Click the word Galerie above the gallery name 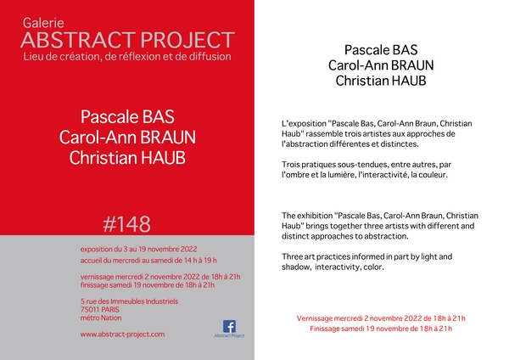coord(43,24)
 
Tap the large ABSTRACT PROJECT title coord(127,40)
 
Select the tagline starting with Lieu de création coord(127,57)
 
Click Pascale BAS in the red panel coord(127,117)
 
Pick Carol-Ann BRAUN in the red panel coord(127,138)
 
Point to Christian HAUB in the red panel coord(127,158)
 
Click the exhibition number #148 coord(127,224)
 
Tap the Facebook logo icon coord(229,326)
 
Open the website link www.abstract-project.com coord(122,335)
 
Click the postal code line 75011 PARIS coord(100,310)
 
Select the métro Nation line coord(101,318)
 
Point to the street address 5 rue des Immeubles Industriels coord(129,301)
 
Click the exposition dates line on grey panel coord(138,250)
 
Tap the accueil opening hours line coord(148,261)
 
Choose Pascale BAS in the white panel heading coord(381,50)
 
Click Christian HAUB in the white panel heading coord(381,81)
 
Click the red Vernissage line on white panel coord(381,318)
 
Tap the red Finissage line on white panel coord(381,329)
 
